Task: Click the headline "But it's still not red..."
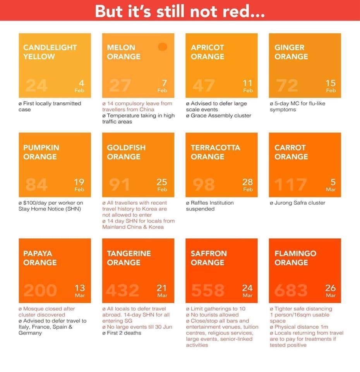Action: click(180, 11)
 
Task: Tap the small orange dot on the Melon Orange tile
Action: click(163, 47)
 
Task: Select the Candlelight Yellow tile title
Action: click(50, 52)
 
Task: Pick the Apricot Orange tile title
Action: click(207, 52)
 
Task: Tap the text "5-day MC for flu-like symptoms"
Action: click(297, 107)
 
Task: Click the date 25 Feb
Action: click(162, 185)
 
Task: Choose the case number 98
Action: click(204, 185)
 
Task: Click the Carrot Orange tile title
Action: click(291, 152)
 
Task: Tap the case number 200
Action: click(40, 290)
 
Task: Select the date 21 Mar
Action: click(162, 290)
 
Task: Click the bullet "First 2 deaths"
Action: click(123, 333)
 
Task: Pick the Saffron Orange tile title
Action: click(209, 258)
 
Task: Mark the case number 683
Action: click(291, 290)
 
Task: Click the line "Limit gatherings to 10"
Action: click(217, 309)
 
